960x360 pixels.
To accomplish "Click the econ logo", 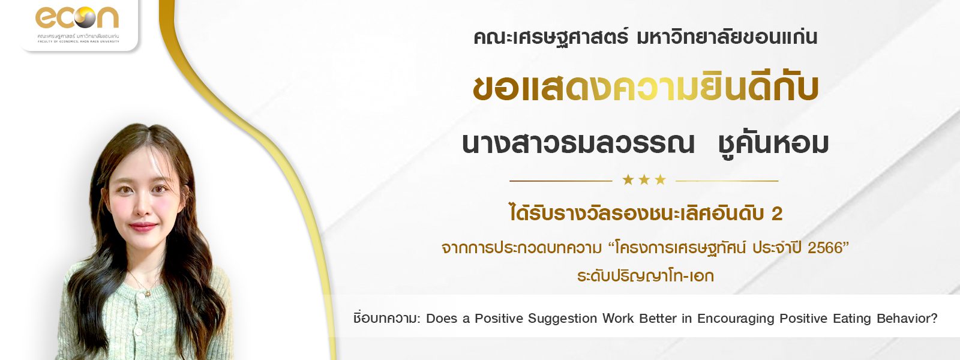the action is [77, 23].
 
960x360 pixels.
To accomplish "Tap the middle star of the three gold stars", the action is [644, 179].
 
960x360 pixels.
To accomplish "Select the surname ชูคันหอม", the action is [773, 144].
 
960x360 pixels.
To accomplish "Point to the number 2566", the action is [825, 248].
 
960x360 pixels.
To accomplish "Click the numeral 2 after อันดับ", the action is [776, 214].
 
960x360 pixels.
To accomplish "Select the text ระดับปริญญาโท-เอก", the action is [646, 275].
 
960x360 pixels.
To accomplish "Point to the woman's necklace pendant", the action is [148, 293].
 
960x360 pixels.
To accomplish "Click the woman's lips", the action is [143, 226].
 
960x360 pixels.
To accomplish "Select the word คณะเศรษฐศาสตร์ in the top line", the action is [551, 38].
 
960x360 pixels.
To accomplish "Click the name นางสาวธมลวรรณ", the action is [578, 144].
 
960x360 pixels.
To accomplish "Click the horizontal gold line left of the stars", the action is [560, 181].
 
